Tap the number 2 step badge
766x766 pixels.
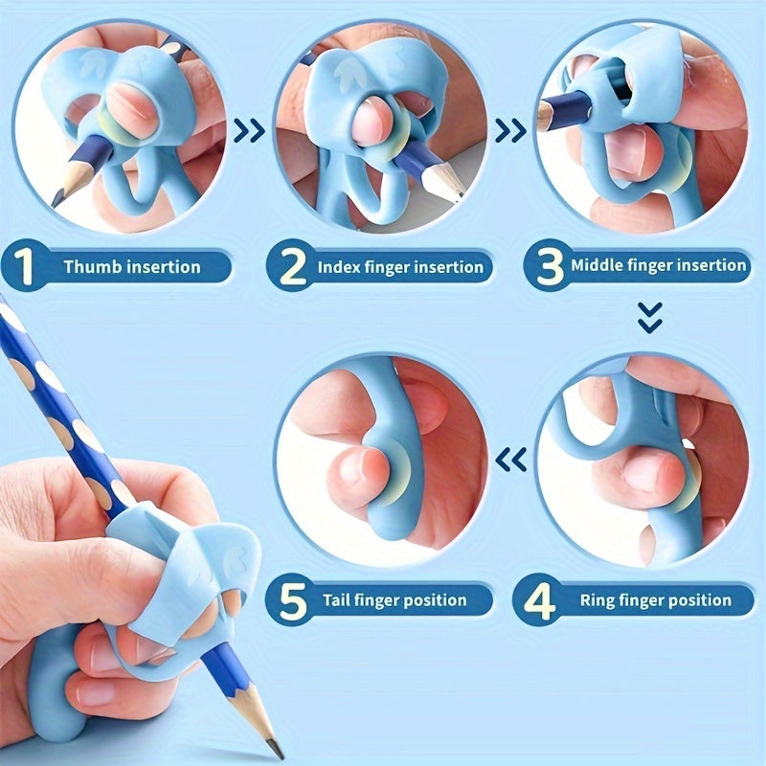(x=289, y=265)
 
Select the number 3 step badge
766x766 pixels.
(x=549, y=265)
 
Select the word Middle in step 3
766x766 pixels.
(x=598, y=265)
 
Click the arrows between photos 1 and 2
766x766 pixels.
(x=250, y=129)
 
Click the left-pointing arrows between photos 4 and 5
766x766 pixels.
(x=511, y=462)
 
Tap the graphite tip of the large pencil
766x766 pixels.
(x=277, y=749)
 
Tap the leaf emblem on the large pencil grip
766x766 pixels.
(x=230, y=563)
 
